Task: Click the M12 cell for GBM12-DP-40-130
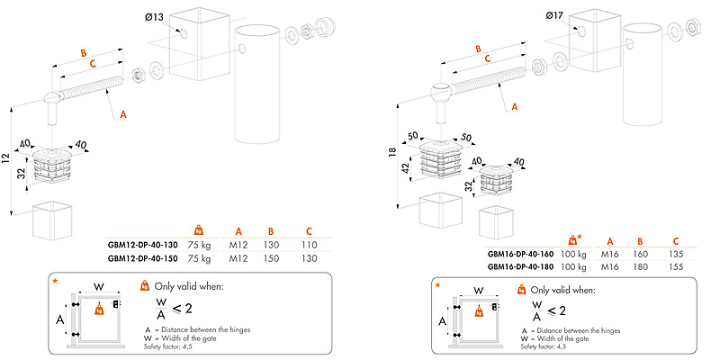coord(238,244)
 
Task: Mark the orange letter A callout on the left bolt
coord(123,114)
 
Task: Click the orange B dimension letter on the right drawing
coord(478,49)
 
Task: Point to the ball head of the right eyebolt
coord(440,92)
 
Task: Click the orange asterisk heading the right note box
coord(438,286)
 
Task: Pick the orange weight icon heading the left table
coord(199,229)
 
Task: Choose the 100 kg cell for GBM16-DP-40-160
coord(573,255)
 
